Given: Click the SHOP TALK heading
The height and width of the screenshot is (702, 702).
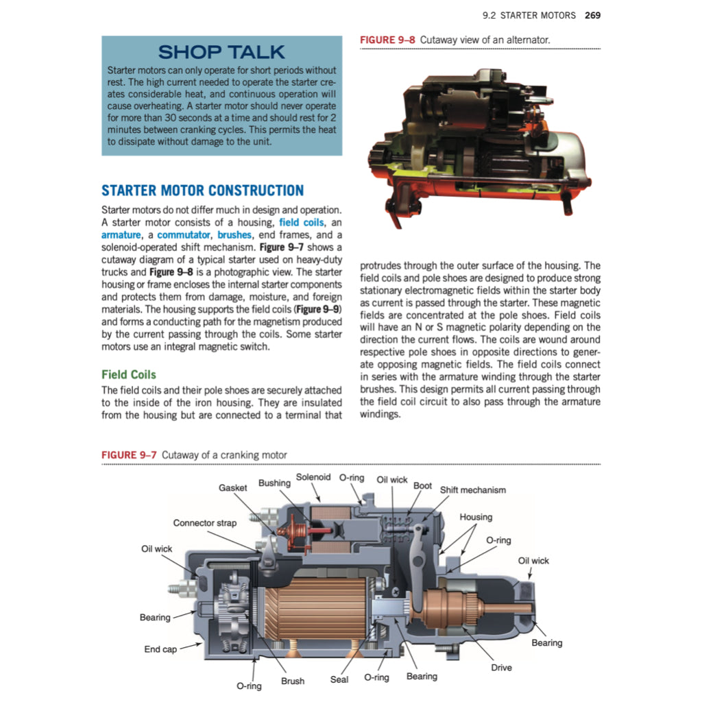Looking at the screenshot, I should (x=221, y=52).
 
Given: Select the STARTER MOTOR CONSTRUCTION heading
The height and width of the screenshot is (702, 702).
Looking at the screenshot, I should (x=202, y=190).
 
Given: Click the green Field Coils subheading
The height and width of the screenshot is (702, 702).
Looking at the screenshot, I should (x=128, y=374).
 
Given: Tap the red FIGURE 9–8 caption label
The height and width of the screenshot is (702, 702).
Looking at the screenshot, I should (x=388, y=40).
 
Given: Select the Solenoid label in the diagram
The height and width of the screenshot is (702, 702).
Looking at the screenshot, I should (x=313, y=477).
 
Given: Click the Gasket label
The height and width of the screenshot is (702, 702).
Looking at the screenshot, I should (x=233, y=488).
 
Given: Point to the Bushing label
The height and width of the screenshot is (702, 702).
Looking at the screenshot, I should (x=274, y=483).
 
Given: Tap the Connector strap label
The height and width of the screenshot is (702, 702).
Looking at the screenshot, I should (x=204, y=523).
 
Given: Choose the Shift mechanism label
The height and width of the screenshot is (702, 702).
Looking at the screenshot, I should (x=472, y=490).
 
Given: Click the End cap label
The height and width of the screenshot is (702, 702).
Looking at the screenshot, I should (x=160, y=649).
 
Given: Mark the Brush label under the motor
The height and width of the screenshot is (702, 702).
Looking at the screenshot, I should (x=293, y=681).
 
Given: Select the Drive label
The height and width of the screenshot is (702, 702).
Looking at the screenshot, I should (x=501, y=668).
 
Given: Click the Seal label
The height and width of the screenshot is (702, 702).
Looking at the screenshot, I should (x=339, y=680).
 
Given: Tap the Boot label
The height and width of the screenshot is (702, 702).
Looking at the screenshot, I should (x=422, y=486).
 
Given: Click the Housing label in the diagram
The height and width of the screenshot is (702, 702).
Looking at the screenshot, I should (x=476, y=518).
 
